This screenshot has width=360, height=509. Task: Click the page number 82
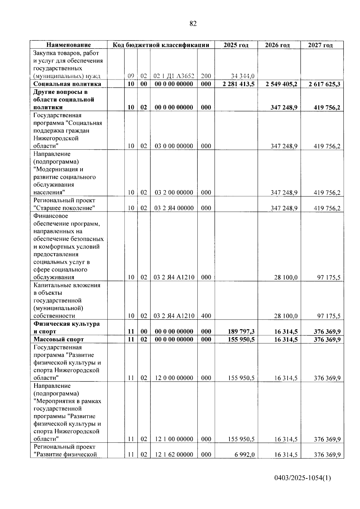pyautogui.click(x=193, y=24)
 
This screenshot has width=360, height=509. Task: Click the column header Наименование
pyautogui.click(x=69, y=45)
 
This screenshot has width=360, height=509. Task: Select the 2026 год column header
pyautogui.click(x=277, y=45)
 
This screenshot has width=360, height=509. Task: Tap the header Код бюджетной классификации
pyautogui.click(x=161, y=45)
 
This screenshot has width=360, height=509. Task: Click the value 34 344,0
pyautogui.click(x=243, y=76)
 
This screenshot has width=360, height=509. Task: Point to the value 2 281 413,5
pyautogui.click(x=238, y=84)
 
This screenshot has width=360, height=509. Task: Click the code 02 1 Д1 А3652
pyautogui.click(x=174, y=76)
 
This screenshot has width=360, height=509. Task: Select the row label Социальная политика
pyautogui.click(x=67, y=84)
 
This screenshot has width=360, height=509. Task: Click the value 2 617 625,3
pyautogui.click(x=324, y=84)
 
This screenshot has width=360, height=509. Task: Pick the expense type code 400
pyautogui.click(x=206, y=316)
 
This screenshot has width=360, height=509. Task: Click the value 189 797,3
pyautogui.click(x=241, y=331)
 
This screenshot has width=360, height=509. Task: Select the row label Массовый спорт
pyautogui.click(x=59, y=339)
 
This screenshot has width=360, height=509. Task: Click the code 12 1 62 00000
pyautogui.click(x=174, y=455)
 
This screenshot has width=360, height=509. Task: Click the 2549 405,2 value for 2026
pyautogui.click(x=281, y=84)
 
